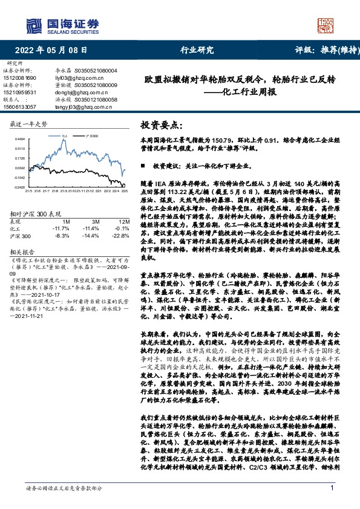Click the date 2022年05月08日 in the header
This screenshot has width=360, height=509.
pyautogui.click(x=51, y=51)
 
